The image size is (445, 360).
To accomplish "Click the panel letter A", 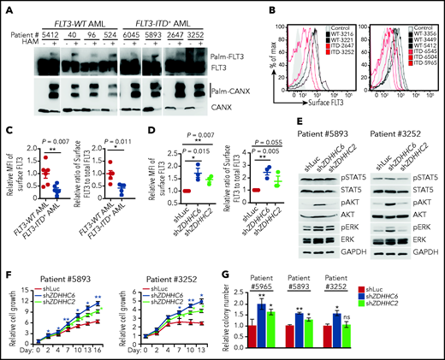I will click(x=6, y=8).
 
